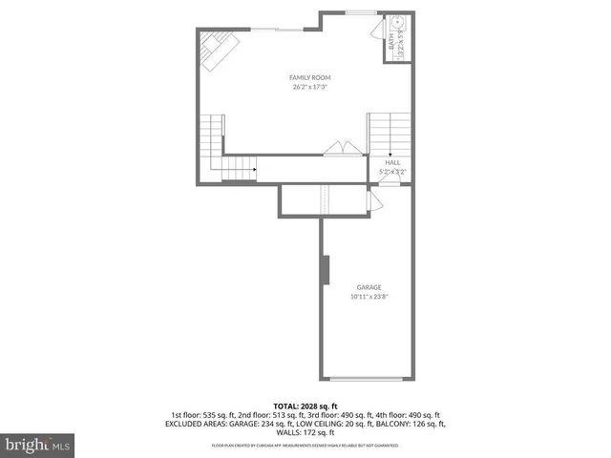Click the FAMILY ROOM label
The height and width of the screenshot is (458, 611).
[310, 77]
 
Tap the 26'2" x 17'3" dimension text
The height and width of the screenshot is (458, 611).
[310, 88]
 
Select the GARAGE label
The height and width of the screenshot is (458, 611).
[369, 286]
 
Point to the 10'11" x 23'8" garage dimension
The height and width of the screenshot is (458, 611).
[369, 297]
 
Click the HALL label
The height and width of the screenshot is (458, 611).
[392, 163]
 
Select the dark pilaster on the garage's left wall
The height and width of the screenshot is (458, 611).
[325, 270]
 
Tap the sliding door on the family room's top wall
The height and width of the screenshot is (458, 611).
[277, 29]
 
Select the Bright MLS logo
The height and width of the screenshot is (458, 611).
[37, 444]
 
